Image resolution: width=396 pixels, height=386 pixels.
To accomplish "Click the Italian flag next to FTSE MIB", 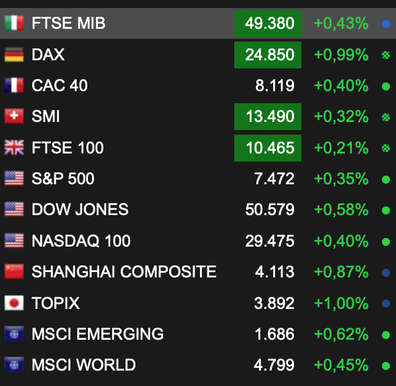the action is click(x=14, y=23).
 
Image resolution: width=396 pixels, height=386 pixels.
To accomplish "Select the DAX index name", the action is click(x=48, y=54).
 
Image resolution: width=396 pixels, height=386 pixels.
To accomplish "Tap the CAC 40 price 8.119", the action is click(x=275, y=86).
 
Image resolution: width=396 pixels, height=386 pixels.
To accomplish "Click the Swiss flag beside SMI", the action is click(x=14, y=116).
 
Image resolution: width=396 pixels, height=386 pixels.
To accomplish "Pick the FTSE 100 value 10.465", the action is click(x=270, y=147).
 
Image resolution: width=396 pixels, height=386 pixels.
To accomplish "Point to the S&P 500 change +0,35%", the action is click(x=341, y=179).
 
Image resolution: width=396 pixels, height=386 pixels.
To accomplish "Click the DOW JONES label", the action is click(x=80, y=210).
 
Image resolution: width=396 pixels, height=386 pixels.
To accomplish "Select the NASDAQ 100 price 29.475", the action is click(x=270, y=241).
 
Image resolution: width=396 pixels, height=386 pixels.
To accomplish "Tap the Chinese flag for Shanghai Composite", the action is click(x=14, y=271).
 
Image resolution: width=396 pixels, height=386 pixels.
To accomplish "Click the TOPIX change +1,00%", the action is click(x=341, y=303).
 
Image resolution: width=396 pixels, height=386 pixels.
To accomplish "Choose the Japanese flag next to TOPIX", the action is click(x=14, y=303).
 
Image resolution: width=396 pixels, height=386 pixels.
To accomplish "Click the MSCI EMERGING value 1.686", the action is click(x=275, y=334).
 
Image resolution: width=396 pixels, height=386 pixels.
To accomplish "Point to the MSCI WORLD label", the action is click(x=84, y=365).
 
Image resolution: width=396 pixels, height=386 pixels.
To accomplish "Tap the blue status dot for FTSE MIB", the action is click(x=386, y=24).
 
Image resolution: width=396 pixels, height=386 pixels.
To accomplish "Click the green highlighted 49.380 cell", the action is click(x=268, y=23).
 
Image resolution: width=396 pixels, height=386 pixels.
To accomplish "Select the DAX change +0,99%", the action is click(x=341, y=55).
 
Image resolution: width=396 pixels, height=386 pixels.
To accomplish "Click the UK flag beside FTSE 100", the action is click(x=14, y=147).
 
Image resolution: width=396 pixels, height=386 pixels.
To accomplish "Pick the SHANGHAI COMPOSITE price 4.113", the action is click(x=275, y=272).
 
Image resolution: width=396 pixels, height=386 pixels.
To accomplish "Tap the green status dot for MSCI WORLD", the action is click(x=386, y=366).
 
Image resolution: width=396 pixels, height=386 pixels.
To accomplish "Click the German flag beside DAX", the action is click(x=14, y=54).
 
